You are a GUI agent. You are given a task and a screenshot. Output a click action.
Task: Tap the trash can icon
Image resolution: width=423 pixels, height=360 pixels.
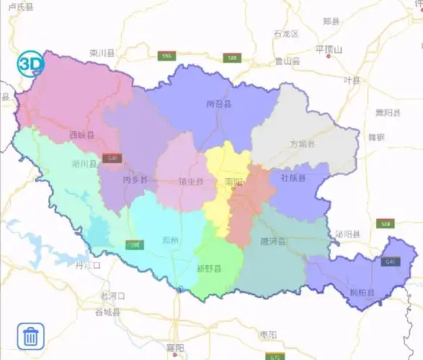[31, 336]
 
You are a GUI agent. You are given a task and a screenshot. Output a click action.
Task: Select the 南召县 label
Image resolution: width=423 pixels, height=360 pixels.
[218, 104]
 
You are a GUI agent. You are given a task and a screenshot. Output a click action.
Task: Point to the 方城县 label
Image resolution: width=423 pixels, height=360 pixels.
[303, 144]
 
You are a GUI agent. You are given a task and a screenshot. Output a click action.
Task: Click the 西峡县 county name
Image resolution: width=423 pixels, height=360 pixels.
[81, 135]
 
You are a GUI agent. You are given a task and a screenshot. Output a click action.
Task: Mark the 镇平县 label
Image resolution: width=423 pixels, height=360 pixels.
[192, 181]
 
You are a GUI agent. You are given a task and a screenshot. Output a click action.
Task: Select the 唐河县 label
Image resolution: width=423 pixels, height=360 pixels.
[272, 241]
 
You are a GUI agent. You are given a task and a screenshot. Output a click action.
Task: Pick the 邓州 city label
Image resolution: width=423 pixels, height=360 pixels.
[171, 240]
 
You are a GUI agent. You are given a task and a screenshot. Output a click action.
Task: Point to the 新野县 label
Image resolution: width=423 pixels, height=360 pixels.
[209, 269]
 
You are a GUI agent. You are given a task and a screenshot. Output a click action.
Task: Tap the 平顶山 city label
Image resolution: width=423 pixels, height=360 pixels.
[329, 50]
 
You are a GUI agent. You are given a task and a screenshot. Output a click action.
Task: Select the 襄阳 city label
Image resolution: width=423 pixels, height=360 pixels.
[176, 348]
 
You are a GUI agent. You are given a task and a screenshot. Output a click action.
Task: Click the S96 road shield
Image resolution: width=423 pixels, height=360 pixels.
[167, 56]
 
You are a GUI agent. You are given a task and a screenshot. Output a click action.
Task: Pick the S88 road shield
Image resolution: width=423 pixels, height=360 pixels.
[231, 58]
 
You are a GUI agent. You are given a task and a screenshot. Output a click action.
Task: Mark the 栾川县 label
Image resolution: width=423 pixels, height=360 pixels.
[102, 53]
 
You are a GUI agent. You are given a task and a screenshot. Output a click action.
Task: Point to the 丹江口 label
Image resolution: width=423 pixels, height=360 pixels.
[88, 265]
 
